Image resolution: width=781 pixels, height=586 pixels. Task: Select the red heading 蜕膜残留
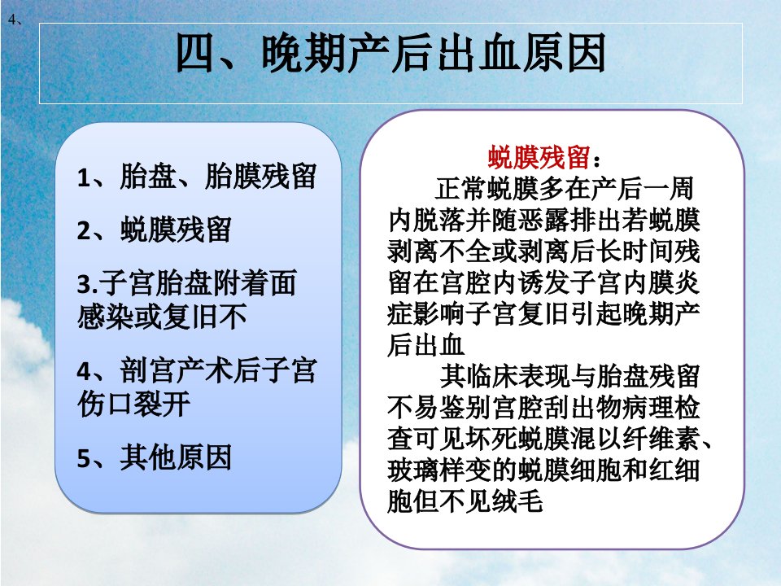click(x=539, y=157)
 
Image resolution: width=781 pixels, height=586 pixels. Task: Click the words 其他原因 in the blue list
click(x=176, y=457)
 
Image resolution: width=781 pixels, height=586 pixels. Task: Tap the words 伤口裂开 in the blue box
click(x=133, y=403)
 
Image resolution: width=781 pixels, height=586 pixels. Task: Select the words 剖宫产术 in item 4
click(x=176, y=371)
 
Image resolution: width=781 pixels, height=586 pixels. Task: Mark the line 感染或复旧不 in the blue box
click(x=163, y=317)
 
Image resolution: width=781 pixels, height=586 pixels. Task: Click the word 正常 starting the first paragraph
click(x=460, y=188)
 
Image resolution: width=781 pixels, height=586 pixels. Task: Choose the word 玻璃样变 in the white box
click(x=438, y=470)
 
